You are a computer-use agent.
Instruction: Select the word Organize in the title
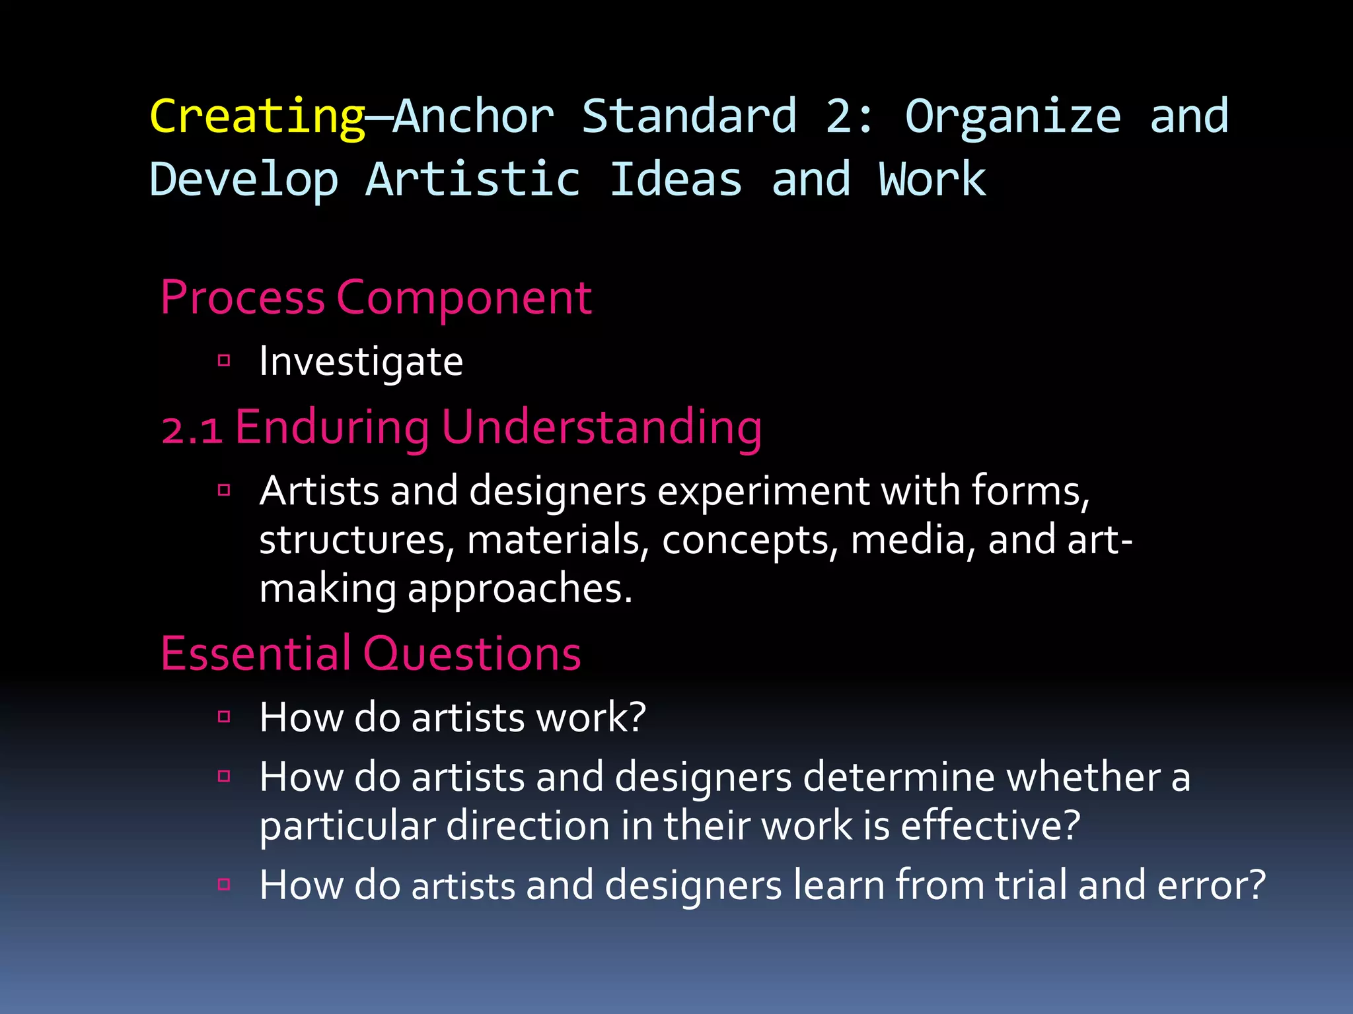(x=1013, y=116)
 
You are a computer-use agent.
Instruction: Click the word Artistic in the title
(x=472, y=180)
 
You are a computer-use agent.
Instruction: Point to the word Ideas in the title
(x=675, y=180)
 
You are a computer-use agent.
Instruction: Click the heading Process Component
(x=375, y=298)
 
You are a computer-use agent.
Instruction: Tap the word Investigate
(x=361, y=362)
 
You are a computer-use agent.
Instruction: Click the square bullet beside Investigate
(x=224, y=360)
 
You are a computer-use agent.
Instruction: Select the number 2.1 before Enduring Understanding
(x=192, y=430)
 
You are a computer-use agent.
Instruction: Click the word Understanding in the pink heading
(x=601, y=428)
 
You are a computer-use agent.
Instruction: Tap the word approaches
(x=519, y=588)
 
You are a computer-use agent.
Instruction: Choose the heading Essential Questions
(x=371, y=654)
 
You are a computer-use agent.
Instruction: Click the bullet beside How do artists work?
(x=224, y=717)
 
